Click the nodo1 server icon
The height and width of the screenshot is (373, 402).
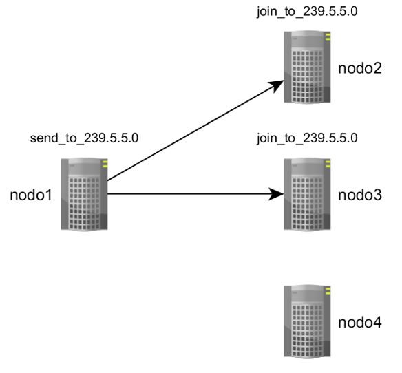point(84,194)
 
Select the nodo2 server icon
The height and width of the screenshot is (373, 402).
point(307,67)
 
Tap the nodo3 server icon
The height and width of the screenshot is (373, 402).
point(307,194)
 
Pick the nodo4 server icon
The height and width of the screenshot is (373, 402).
point(307,321)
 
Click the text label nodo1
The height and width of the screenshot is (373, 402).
point(31,195)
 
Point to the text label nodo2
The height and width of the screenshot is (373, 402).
point(360,68)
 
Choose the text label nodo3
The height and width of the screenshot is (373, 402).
point(360,195)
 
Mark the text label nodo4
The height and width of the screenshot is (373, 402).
point(360,322)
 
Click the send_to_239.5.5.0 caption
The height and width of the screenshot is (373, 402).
point(84,138)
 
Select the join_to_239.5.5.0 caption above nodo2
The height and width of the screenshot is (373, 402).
point(307,12)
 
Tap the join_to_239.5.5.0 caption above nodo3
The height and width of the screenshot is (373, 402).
point(307,138)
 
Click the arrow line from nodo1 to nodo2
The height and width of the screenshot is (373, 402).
point(195,130)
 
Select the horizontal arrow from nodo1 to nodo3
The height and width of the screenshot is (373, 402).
point(195,194)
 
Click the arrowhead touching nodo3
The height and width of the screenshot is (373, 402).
point(277,194)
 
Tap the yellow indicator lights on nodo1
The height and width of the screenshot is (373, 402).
point(105,164)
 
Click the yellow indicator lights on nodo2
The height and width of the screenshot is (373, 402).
point(328,37)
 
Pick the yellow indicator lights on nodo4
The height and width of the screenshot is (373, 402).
point(328,291)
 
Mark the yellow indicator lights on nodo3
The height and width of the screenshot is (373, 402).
point(328,164)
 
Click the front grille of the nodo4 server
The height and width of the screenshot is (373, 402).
point(307,330)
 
